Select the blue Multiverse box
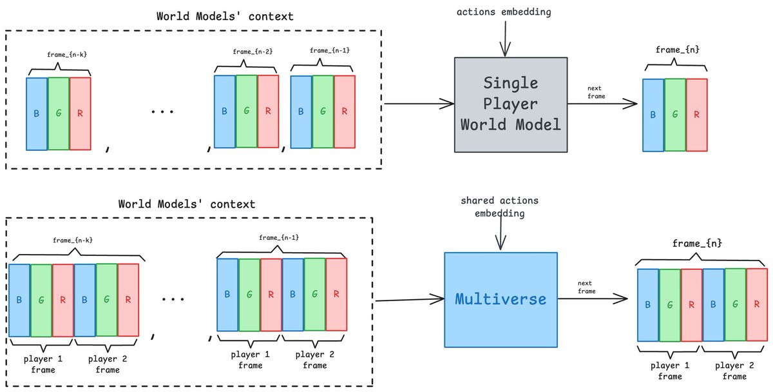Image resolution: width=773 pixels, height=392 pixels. (x=501, y=299)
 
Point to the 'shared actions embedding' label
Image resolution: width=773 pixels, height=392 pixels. (x=499, y=207)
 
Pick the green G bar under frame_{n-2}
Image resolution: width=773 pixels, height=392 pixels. (x=247, y=112)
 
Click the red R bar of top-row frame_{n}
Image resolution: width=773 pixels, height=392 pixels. (x=696, y=115)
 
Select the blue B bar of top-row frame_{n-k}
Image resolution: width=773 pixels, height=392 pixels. (x=37, y=113)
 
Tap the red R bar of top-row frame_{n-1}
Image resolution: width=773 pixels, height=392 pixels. (x=345, y=112)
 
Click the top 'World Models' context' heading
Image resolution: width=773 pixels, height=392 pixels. (x=225, y=16)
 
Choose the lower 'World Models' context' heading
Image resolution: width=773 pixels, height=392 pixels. (x=187, y=204)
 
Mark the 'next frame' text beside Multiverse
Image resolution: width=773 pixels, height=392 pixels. (x=586, y=288)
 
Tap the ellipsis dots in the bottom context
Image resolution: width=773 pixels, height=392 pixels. (x=173, y=299)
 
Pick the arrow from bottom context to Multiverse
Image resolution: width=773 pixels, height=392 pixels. (x=410, y=300)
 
